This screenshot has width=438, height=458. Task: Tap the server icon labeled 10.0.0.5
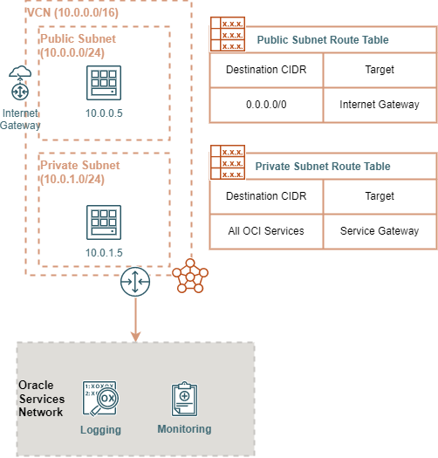pos(104,83)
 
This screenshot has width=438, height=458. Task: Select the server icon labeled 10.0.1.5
pos(104,222)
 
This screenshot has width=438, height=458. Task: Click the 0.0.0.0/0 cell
pos(266,105)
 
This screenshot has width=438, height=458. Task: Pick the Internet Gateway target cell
pos(380,105)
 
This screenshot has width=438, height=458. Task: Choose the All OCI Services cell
pos(266,231)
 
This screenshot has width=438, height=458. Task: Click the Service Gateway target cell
pos(380,231)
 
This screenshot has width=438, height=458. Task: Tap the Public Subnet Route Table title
pos(322,40)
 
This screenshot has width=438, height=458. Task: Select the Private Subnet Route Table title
pos(322,166)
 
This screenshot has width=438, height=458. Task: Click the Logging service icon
pos(99,400)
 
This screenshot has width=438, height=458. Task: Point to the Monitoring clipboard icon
pos(184,399)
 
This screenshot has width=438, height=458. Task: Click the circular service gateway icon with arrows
pos(135,281)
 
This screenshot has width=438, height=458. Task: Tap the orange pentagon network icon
pos(189,277)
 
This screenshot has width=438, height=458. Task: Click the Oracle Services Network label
pos(41,399)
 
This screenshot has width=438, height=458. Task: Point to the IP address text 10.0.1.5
pos(104,252)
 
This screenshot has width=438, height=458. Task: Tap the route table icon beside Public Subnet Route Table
pos(227,34)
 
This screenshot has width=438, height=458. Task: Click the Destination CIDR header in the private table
pos(266,196)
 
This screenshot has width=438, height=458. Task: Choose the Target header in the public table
pos(380,69)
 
